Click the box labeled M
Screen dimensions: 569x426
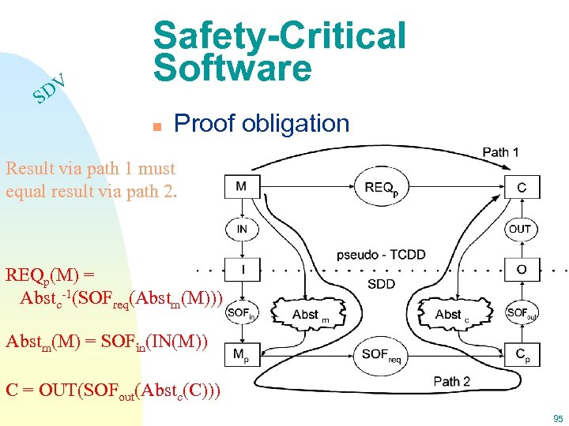tap(240, 187)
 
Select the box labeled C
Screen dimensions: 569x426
tap(521, 188)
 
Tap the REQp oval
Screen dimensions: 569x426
tap(381, 188)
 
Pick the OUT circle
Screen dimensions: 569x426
tap(520, 230)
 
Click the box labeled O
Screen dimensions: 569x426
tap(521, 270)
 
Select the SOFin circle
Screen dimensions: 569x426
tap(240, 313)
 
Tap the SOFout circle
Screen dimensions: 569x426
tap(522, 313)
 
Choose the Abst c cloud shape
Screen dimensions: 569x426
tap(452, 314)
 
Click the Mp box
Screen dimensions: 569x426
tap(240, 355)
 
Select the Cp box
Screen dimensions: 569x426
tap(521, 355)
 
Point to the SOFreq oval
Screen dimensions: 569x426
tap(381, 356)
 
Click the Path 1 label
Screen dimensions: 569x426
tap(500, 152)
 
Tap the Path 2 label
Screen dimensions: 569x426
tap(451, 382)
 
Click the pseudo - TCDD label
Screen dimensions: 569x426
tap(381, 255)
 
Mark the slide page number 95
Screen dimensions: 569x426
tap(558, 418)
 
